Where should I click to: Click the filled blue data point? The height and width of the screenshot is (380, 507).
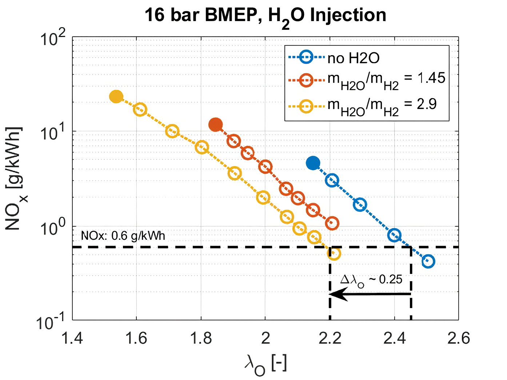point(313,163)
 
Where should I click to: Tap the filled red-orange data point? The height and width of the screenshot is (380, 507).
point(216,125)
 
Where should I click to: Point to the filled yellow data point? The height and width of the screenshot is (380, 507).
point(116,97)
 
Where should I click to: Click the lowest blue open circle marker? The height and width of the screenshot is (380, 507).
point(428,261)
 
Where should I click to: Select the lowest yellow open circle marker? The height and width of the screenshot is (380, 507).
point(334,253)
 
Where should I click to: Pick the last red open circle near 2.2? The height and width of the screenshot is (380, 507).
point(332,223)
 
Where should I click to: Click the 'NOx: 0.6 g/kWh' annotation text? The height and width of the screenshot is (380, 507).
point(123,236)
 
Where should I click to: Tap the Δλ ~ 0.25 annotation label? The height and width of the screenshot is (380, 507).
point(371,280)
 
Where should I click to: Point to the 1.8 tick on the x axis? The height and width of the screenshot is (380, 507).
point(201,338)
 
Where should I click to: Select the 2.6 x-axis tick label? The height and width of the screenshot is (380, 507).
point(458,338)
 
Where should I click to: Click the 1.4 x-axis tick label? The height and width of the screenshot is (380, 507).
point(72,338)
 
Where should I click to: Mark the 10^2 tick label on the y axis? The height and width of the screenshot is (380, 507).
point(53,38)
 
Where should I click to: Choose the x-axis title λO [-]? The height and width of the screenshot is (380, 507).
point(265,364)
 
